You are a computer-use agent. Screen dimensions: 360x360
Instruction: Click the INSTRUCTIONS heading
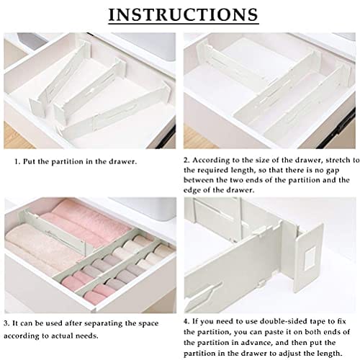click(x=184, y=14)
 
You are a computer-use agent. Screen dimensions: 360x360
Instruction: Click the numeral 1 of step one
click(x=17, y=161)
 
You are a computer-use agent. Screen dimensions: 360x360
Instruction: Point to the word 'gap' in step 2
click(x=333, y=171)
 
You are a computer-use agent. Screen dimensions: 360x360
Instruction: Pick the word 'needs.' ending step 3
click(x=86, y=336)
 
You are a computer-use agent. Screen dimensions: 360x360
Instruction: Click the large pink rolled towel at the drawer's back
click(x=86, y=221)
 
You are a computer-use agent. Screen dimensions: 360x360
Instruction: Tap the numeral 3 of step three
click(x=6, y=324)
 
